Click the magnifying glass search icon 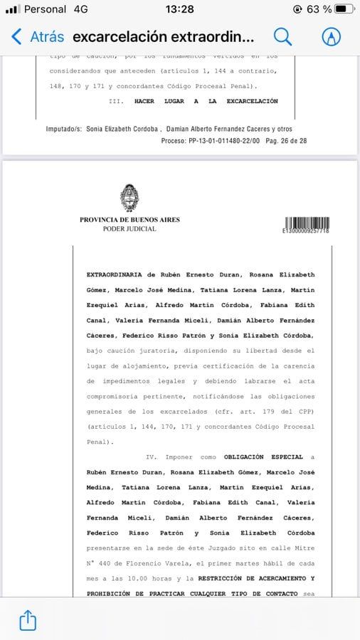coord(282,37)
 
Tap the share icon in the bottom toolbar coord(27,620)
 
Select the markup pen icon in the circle coord(331,37)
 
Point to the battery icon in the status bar coord(344,9)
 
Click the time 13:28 coord(179,9)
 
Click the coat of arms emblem coord(129,198)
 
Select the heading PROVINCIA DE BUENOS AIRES coord(129,220)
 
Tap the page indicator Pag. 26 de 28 coord(285,141)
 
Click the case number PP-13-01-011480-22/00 coord(223,141)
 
